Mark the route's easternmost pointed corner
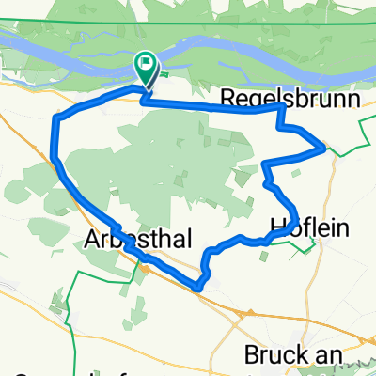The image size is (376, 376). click(x=324, y=148)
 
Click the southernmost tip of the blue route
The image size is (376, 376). click(x=198, y=288)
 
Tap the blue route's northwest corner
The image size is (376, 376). click(x=59, y=116)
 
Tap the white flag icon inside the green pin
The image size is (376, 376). click(x=146, y=65)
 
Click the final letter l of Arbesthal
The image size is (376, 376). click(x=172, y=240)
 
